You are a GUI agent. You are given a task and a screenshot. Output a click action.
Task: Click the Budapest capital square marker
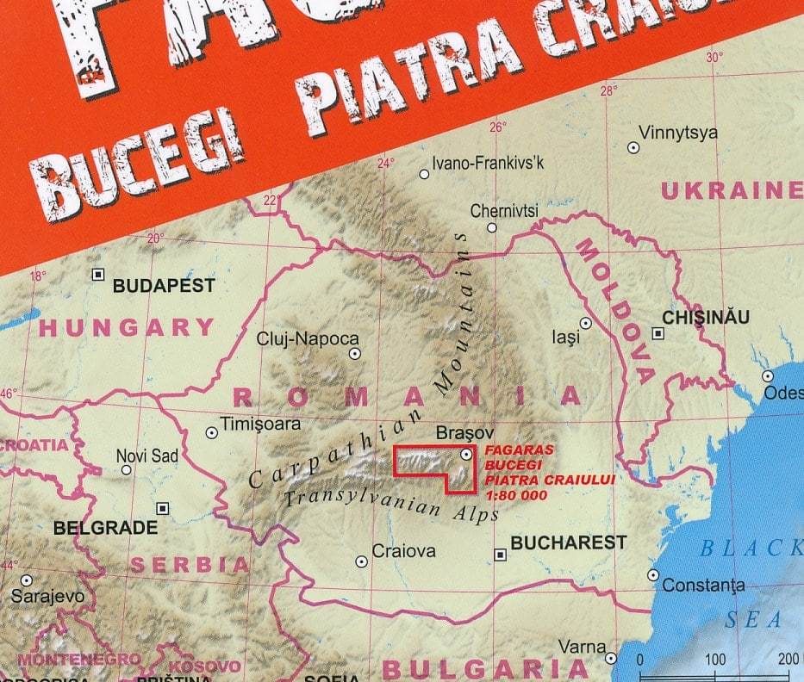(x=98, y=275)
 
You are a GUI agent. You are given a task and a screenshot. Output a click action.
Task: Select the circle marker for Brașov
(x=466, y=453)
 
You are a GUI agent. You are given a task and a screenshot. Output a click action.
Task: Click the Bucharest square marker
(x=499, y=555)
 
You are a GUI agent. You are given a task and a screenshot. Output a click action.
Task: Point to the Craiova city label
(x=403, y=551)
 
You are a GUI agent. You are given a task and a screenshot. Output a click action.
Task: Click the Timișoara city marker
(x=211, y=433)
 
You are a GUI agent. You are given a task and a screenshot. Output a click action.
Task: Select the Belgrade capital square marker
(x=162, y=508)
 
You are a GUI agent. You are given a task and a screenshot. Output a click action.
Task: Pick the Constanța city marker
(x=653, y=575)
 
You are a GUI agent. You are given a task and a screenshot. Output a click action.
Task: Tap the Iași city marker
(x=585, y=324)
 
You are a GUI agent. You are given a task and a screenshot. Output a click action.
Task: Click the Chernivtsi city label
(x=504, y=211)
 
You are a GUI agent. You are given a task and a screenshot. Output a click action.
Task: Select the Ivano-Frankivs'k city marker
(x=424, y=174)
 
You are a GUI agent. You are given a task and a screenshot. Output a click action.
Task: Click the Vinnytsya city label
(x=677, y=133)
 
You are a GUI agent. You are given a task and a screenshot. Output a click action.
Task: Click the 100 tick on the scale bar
(x=715, y=660)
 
